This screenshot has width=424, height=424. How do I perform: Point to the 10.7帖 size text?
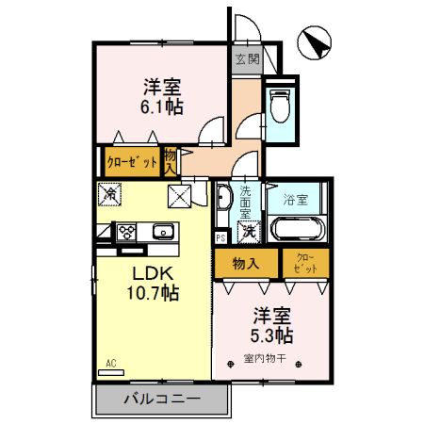click(x=150, y=294)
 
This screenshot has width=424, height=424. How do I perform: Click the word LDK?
click(x=148, y=273)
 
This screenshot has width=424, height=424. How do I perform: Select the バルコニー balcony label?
click(x=161, y=400)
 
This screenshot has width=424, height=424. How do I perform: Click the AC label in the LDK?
click(x=110, y=362)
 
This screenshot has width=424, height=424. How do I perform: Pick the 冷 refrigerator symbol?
click(x=109, y=195)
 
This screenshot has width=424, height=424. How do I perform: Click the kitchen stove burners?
click(x=127, y=231)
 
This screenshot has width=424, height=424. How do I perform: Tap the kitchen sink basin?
click(x=163, y=231)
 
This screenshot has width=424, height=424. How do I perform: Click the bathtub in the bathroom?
click(x=298, y=229)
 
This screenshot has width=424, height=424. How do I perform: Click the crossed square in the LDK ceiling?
click(x=179, y=195)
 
